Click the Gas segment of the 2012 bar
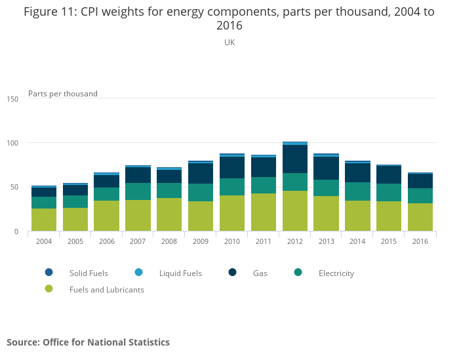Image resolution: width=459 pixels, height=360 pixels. click(x=295, y=159)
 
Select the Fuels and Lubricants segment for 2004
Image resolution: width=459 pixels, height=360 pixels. click(x=44, y=220)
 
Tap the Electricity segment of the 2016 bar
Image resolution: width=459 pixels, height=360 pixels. click(x=420, y=196)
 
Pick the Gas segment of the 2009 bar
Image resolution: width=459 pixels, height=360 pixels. click(x=201, y=174)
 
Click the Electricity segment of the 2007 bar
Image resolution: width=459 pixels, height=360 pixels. click(x=138, y=191)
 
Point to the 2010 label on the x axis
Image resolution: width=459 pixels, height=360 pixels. click(x=232, y=241)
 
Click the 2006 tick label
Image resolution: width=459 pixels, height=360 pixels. click(x=106, y=241)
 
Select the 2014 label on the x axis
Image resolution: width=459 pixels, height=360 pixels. click(x=357, y=241)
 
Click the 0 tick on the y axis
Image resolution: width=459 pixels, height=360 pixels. click(x=17, y=231)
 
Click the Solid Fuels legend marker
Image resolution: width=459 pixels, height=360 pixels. click(x=49, y=273)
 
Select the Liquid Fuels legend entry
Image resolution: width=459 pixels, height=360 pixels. click(x=180, y=273)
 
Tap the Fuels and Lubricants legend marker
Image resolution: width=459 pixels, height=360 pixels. click(x=49, y=289)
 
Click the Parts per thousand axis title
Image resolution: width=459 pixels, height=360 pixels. click(x=63, y=94)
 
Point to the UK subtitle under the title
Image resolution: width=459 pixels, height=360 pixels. click(x=229, y=43)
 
